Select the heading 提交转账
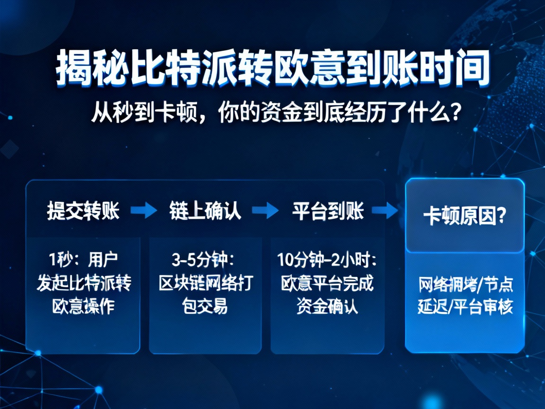(83, 211)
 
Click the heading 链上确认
(205, 211)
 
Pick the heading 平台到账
(328, 211)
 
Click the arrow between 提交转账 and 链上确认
(143, 211)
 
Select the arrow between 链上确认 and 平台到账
(266, 211)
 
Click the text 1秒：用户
(83, 260)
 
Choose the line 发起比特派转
(84, 284)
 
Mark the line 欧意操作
(83, 307)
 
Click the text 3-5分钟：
(204, 260)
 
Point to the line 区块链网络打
(205, 284)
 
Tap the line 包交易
(205, 307)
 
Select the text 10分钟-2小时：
(327, 260)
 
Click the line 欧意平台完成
(327, 284)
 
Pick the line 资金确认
(327, 307)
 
